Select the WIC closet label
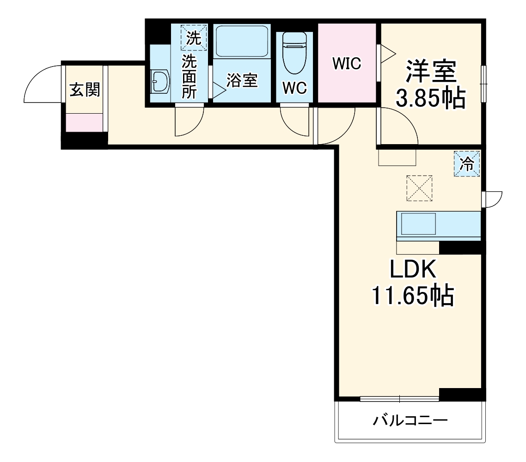(347, 63)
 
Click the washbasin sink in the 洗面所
(160, 82)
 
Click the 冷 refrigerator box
(467, 164)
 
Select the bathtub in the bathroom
(242, 41)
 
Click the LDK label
(413, 270)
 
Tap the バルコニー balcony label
(410, 420)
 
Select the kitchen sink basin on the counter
(418, 224)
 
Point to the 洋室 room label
(431, 72)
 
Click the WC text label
(294, 88)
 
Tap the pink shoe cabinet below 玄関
(84, 122)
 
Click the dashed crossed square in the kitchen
(419, 188)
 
